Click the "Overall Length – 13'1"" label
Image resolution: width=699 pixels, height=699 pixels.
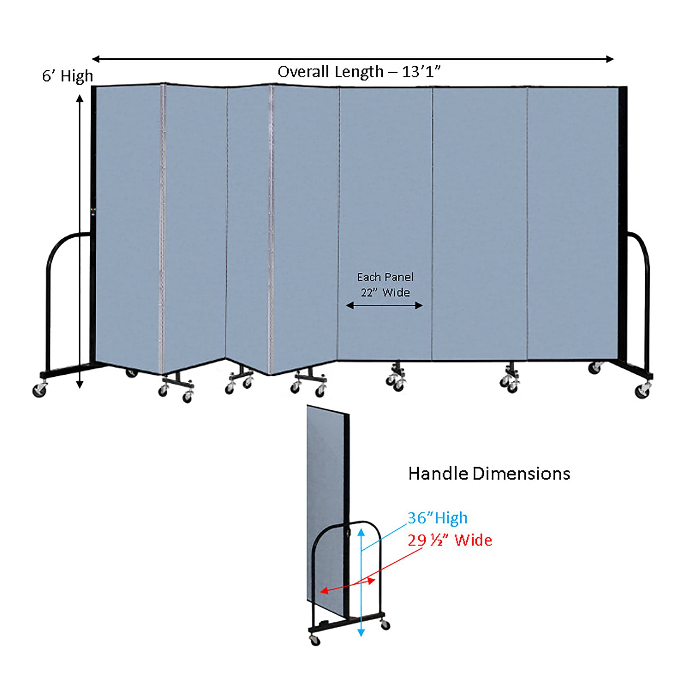pyautogui.click(x=359, y=72)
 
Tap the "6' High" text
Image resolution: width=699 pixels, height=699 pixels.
pyautogui.click(x=67, y=76)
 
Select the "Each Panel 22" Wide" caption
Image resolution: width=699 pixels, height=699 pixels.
pyautogui.click(x=385, y=285)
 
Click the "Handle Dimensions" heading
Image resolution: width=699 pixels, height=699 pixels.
pyautogui.click(x=489, y=474)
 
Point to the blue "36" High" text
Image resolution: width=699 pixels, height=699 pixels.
pyautogui.click(x=438, y=518)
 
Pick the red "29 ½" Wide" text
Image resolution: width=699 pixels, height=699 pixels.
pyautogui.click(x=450, y=541)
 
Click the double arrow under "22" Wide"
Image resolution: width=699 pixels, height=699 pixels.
pyautogui.click(x=384, y=306)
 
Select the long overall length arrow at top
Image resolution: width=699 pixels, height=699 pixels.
pyautogui.click(x=353, y=59)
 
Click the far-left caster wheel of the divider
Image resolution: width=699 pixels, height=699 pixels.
pyautogui.click(x=39, y=390)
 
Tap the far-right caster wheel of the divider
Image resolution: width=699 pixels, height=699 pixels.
pyautogui.click(x=642, y=392)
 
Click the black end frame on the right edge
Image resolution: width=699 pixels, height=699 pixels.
pyautogui.click(x=623, y=224)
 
